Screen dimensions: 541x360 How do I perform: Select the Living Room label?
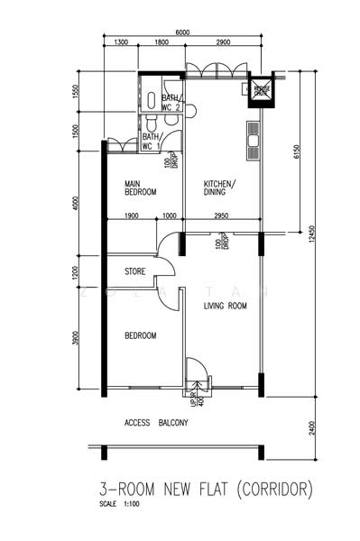coord(225,306)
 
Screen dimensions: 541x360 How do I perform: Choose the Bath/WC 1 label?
coord(152,142)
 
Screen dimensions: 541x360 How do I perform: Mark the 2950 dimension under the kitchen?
coord(222,216)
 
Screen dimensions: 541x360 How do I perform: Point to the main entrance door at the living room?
coord(195,371)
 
